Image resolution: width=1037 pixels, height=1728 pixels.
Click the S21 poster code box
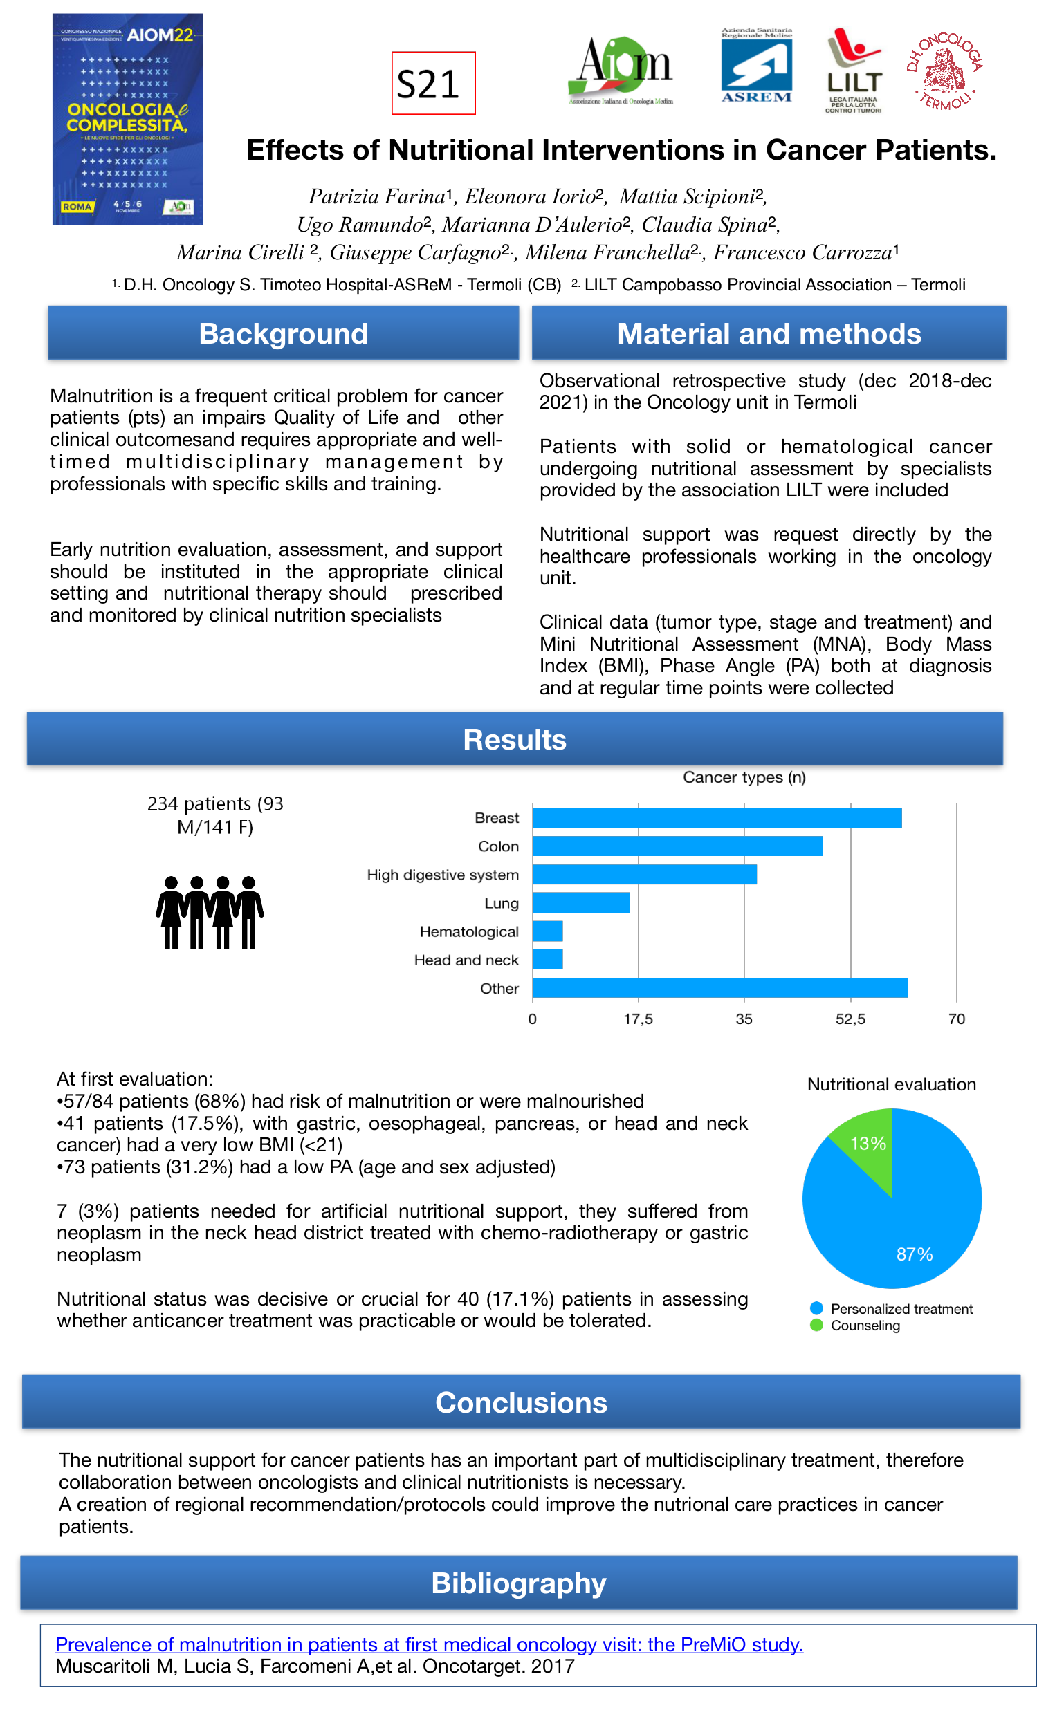click(x=432, y=83)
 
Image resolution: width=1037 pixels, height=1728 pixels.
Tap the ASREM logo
click(x=756, y=66)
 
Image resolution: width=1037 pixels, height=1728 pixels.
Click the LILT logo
click(x=853, y=70)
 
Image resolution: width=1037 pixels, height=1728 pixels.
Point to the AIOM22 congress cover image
click(x=128, y=120)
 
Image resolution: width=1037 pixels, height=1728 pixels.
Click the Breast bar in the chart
click(x=717, y=818)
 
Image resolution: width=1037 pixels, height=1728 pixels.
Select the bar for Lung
click(x=580, y=902)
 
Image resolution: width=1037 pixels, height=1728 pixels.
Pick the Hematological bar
click(x=548, y=931)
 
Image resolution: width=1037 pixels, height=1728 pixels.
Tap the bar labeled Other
click(x=719, y=987)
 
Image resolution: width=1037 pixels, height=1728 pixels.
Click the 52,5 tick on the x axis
click(x=850, y=1019)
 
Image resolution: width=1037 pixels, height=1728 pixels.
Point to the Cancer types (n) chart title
click(x=744, y=777)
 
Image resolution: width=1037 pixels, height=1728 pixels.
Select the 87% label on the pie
click(x=914, y=1254)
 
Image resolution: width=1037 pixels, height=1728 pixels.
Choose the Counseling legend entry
click(x=865, y=1326)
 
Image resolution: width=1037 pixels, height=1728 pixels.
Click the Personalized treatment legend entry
click(x=901, y=1309)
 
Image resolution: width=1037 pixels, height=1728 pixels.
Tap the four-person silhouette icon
click(x=209, y=912)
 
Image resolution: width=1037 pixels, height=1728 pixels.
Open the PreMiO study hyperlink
click(x=429, y=1644)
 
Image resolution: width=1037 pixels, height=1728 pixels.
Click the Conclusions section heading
click(x=521, y=1402)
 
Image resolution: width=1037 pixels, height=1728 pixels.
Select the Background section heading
click(x=283, y=334)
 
